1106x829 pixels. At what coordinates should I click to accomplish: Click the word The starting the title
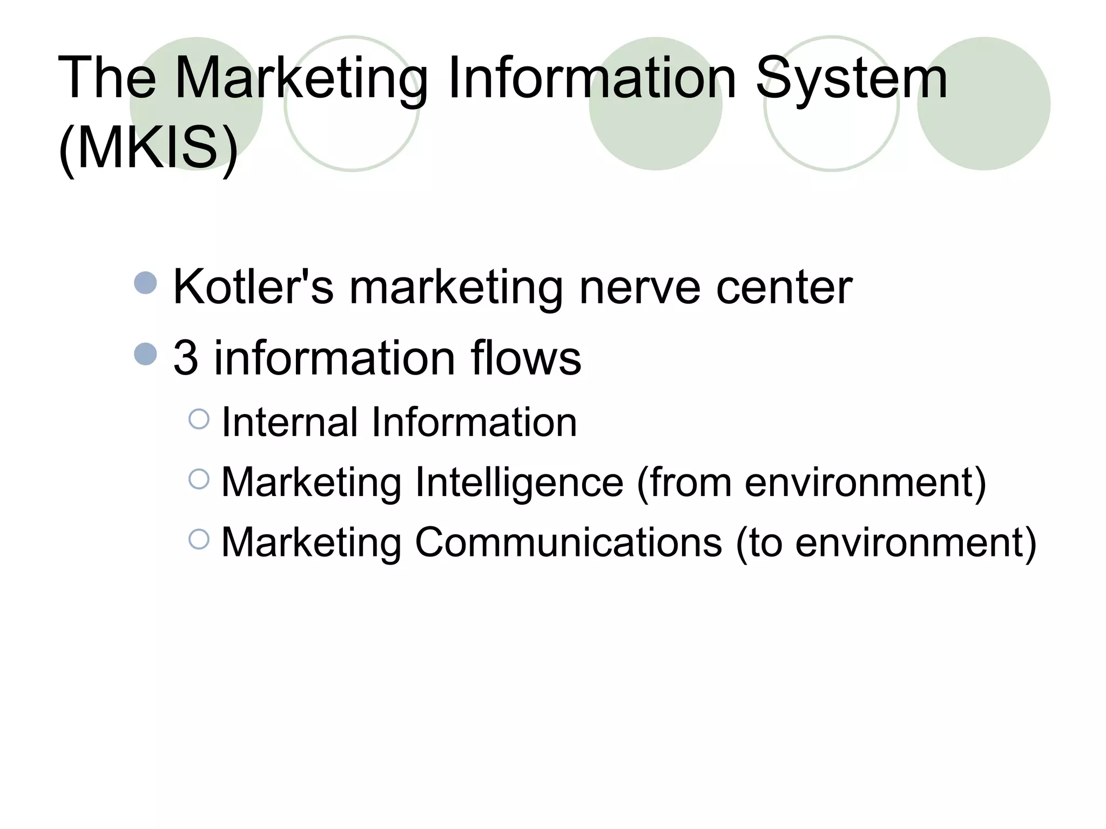(x=107, y=79)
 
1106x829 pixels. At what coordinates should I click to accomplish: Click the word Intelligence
(x=519, y=481)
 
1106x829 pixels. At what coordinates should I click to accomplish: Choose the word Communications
(x=568, y=542)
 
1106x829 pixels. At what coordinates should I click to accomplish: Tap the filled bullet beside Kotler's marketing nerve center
(x=145, y=283)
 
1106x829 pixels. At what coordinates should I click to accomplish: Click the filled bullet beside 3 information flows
(x=145, y=354)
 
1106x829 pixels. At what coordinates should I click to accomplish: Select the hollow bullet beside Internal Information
(x=199, y=419)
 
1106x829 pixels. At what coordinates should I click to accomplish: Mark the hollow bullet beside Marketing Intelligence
(x=199, y=479)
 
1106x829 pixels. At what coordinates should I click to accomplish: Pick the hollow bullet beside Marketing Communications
(x=199, y=539)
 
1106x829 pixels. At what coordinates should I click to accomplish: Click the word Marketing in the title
(x=301, y=79)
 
